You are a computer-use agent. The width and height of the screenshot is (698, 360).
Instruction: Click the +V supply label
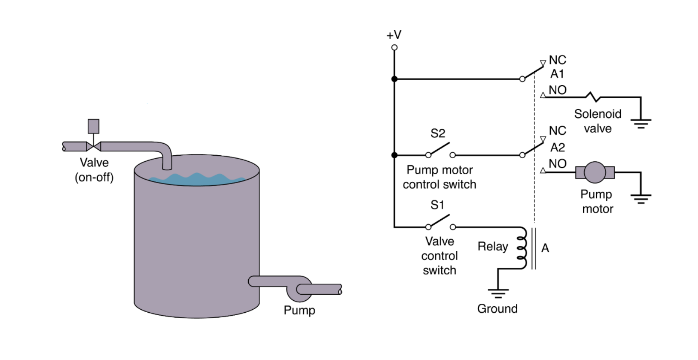pyautogui.click(x=394, y=35)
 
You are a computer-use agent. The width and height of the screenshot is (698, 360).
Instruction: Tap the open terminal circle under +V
pyautogui.click(x=394, y=47)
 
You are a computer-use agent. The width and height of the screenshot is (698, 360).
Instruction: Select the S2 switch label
pyautogui.click(x=438, y=134)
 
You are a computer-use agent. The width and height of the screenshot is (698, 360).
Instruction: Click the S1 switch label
pyautogui.click(x=437, y=205)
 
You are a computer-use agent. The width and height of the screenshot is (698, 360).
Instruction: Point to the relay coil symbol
pyautogui.click(x=521, y=248)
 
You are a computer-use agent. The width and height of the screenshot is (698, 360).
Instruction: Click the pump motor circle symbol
pyautogui.click(x=595, y=172)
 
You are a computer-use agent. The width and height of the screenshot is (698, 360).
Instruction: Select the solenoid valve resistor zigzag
pyautogui.click(x=593, y=97)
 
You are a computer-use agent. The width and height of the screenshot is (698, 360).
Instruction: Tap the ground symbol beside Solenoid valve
pyautogui.click(x=640, y=123)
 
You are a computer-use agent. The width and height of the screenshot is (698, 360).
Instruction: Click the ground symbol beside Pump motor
pyautogui.click(x=640, y=198)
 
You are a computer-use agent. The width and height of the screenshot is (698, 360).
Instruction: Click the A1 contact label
pyautogui.click(x=557, y=74)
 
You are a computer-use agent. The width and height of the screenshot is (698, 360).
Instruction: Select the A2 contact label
pyautogui.click(x=557, y=148)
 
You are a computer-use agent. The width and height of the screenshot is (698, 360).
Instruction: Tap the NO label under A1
pyautogui.click(x=557, y=90)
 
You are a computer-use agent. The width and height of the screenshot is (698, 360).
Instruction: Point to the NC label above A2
pyautogui.click(x=557, y=131)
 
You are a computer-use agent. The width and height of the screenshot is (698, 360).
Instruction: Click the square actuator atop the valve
pyautogui.click(x=93, y=126)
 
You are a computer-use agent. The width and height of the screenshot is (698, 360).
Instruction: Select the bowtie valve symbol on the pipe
pyautogui.click(x=93, y=147)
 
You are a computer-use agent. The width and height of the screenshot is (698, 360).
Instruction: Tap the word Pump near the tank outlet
pyautogui.click(x=299, y=310)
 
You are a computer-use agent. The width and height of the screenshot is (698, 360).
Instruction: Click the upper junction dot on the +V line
pyautogui.click(x=394, y=79)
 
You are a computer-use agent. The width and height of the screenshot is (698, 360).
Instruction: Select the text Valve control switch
pyautogui.click(x=439, y=256)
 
